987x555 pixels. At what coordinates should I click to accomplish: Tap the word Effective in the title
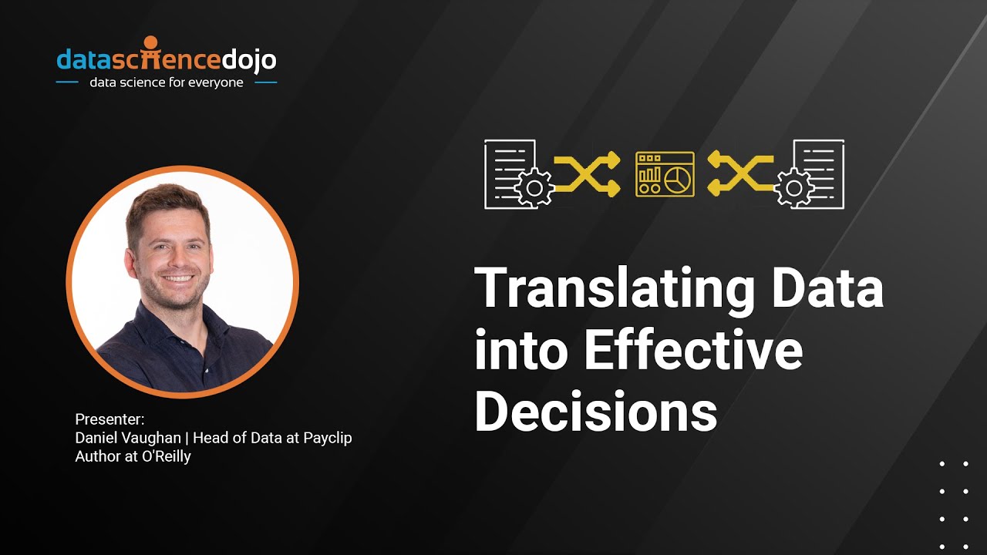point(693,351)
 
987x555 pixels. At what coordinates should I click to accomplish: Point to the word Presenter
point(109,419)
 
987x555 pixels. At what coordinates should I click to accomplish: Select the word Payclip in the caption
point(327,438)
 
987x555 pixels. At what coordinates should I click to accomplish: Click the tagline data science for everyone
point(167,82)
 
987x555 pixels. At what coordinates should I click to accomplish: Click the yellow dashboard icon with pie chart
point(665,173)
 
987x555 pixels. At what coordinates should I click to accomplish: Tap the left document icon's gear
point(534,187)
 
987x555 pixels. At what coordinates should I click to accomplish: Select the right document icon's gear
point(794,187)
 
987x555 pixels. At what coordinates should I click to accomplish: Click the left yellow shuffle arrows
point(587,173)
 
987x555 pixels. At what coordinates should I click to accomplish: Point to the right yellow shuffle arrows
point(740,173)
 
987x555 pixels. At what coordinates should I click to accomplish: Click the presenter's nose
point(176,257)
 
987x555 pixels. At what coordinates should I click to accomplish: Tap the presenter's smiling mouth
point(179,278)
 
